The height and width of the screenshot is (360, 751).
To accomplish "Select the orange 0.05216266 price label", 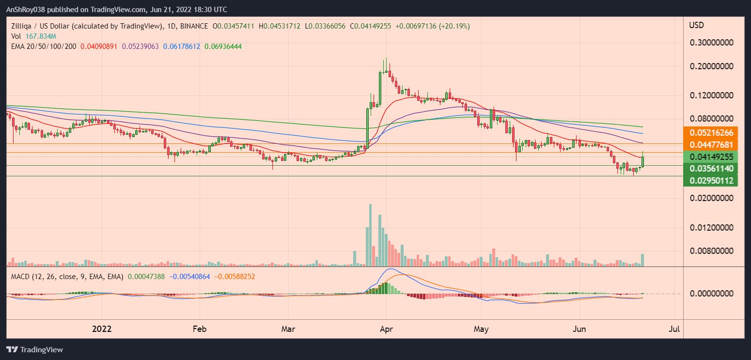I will (x=710, y=133).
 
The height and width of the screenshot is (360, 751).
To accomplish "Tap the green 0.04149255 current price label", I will (x=710, y=157).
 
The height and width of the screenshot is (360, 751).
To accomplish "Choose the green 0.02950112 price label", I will (x=710, y=181).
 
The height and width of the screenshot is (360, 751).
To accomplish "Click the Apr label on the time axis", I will (x=386, y=329).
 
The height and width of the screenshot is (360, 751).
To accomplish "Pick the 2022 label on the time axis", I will (x=102, y=329).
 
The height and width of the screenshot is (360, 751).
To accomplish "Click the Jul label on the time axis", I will (x=674, y=329).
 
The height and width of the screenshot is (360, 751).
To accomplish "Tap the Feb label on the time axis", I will (x=199, y=329).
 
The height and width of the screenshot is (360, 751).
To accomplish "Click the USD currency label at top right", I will (x=697, y=25).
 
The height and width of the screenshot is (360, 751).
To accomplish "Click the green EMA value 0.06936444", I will (x=223, y=47).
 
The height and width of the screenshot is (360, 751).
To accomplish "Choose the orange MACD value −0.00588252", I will (x=235, y=276).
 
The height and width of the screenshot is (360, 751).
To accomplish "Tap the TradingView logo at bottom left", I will (x=34, y=349).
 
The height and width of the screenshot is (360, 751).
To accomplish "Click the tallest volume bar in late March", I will (x=371, y=235).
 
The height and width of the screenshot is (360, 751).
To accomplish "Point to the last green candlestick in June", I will (x=643, y=159).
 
